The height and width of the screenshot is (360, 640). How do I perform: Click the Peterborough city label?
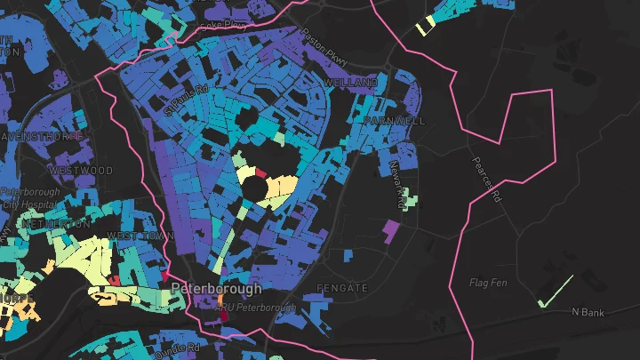(x=216, y=289)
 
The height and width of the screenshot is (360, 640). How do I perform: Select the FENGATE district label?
(x=341, y=289)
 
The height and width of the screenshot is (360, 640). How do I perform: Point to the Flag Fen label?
(x=487, y=283)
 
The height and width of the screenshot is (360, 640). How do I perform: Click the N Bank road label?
(x=587, y=312)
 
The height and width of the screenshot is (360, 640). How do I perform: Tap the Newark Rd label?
(x=397, y=185)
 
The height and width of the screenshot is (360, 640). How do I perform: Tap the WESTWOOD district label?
(x=81, y=170)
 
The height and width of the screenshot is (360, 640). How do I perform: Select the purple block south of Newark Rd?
(x=389, y=231)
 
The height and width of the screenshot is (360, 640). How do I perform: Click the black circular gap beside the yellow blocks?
(x=254, y=188)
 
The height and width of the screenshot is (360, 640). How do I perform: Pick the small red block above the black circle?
(x=260, y=172)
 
